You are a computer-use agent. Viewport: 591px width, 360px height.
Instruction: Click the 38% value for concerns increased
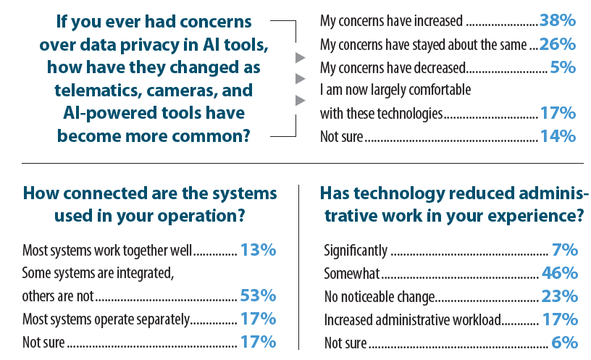click(558, 20)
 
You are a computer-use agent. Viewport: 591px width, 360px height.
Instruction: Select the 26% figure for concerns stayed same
click(558, 44)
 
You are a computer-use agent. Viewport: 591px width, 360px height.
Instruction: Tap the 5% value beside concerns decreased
click(563, 67)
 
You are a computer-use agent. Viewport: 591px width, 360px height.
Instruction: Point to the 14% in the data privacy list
click(558, 136)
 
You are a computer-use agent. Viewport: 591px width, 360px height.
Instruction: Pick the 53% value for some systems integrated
click(258, 296)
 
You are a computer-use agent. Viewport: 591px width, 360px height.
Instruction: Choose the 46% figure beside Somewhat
click(560, 273)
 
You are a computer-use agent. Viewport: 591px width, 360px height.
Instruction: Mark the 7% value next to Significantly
click(565, 250)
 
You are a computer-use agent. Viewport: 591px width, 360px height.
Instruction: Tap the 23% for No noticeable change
click(560, 296)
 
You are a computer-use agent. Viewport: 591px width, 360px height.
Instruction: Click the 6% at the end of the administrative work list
click(565, 343)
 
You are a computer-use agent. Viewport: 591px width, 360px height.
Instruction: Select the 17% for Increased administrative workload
click(560, 319)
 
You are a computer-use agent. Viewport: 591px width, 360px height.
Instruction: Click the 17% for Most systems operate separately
click(258, 319)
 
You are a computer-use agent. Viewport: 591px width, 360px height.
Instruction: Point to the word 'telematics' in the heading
click(98, 91)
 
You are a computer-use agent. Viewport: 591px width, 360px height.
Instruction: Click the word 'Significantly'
click(356, 251)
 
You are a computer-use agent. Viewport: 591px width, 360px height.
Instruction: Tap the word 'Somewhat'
click(352, 274)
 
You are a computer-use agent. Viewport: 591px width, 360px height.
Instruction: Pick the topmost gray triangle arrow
click(300, 58)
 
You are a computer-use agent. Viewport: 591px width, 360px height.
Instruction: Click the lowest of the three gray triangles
click(300, 101)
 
